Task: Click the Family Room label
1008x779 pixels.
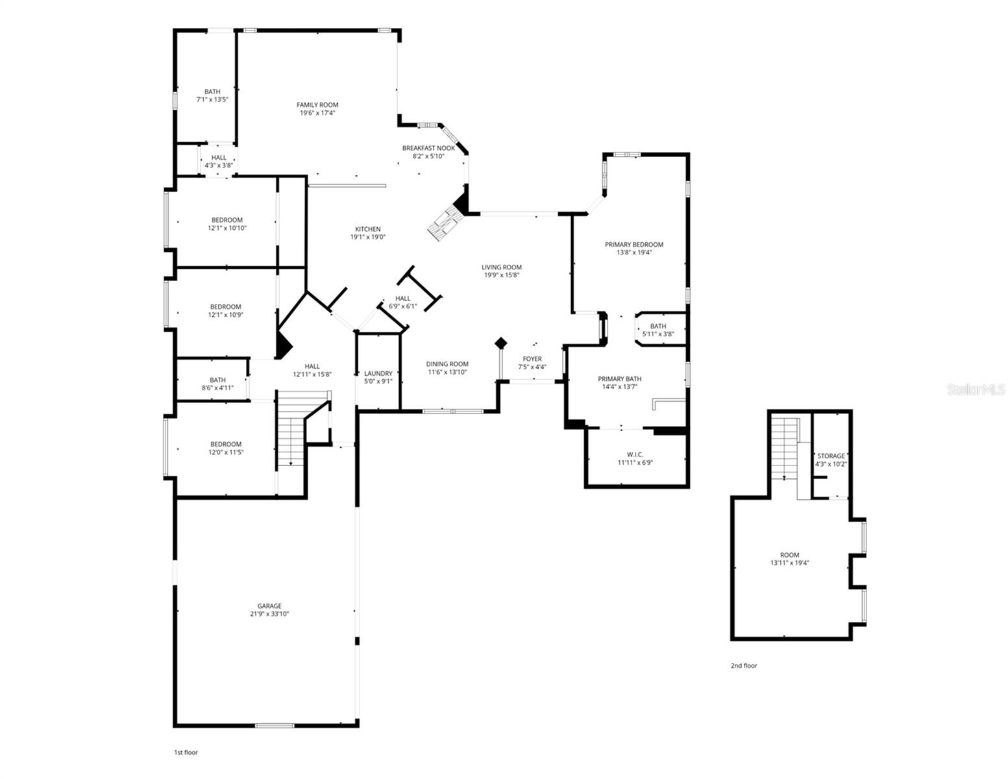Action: click(x=317, y=105)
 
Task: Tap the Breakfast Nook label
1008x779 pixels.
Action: click(x=428, y=148)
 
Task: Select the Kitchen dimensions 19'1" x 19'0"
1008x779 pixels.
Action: click(x=368, y=237)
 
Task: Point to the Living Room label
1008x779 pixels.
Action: click(x=501, y=267)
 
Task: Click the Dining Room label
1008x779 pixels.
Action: click(x=447, y=364)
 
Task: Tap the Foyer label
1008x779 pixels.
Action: click(x=532, y=359)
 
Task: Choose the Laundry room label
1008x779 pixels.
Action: click(x=378, y=373)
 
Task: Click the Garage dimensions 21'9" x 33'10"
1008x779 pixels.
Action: click(x=269, y=613)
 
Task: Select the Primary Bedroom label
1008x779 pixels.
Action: click(x=634, y=245)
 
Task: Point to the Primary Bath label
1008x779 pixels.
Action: click(x=620, y=378)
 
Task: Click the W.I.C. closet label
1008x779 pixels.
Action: click(x=635, y=454)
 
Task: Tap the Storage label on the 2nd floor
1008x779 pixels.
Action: click(x=831, y=456)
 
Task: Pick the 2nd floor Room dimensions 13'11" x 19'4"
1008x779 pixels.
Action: click(x=789, y=563)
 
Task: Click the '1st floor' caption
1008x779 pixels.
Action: click(x=186, y=752)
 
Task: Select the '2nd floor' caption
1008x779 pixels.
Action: click(x=744, y=665)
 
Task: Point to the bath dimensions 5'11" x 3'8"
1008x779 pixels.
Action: click(x=658, y=334)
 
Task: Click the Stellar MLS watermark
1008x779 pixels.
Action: click(x=976, y=389)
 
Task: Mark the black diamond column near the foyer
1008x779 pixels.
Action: click(x=500, y=343)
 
